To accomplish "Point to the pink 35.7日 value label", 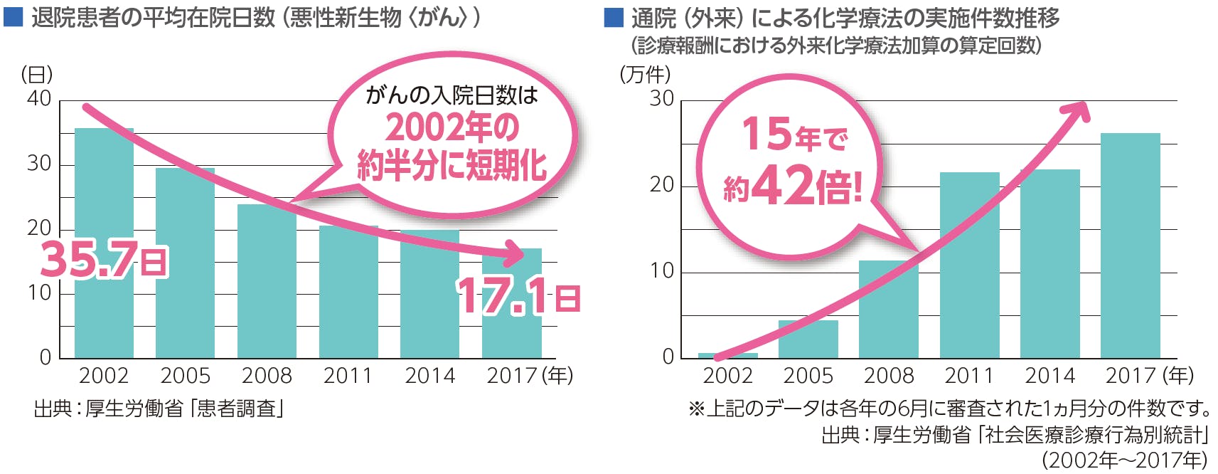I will (x=104, y=260).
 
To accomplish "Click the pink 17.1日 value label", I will (x=518, y=296).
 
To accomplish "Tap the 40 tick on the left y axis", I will (x=39, y=99).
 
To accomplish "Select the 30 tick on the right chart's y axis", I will (x=661, y=99).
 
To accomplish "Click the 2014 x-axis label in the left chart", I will (x=429, y=376).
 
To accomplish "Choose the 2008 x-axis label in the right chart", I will (x=889, y=376).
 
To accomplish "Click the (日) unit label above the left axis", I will (x=37, y=74).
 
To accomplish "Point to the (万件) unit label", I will (x=645, y=74).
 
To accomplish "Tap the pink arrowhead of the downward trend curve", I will (x=513, y=251).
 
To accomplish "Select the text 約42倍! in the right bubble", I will (x=793, y=186).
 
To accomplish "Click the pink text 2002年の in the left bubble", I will (x=452, y=128).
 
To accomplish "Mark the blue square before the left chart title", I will (x=13, y=17).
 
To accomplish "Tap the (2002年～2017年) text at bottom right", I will (x=1124, y=460).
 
